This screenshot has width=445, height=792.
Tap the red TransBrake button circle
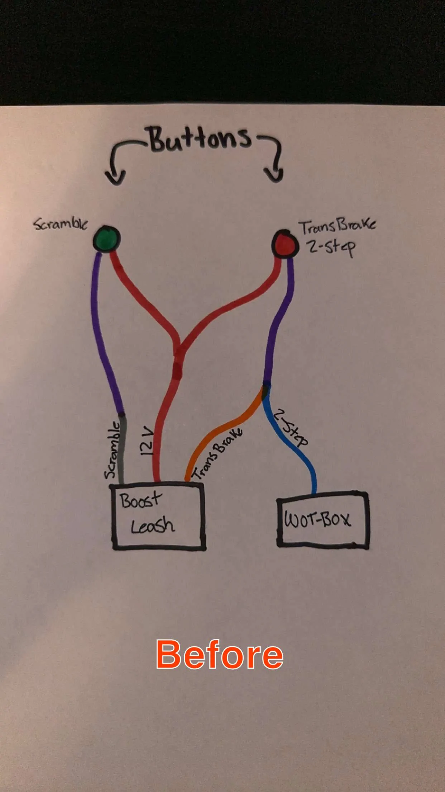(285, 244)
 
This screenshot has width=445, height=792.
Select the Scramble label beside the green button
(61, 224)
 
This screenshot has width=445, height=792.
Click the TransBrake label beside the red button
(337, 227)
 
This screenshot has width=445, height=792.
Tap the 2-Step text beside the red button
(332, 247)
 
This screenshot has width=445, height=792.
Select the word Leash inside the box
(153, 526)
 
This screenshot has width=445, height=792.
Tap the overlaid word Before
(219, 655)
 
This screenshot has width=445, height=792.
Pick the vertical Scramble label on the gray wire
(112, 450)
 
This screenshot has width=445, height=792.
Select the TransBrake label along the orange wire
(217, 453)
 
